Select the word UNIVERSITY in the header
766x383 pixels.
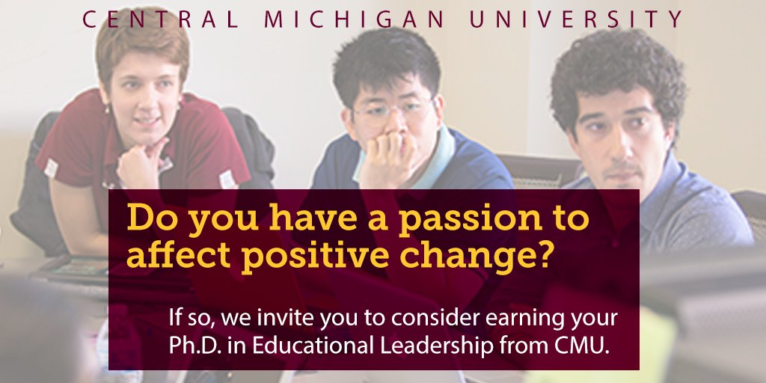pyautogui.click(x=576, y=19)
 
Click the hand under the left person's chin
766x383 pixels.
pyautogui.click(x=140, y=161)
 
